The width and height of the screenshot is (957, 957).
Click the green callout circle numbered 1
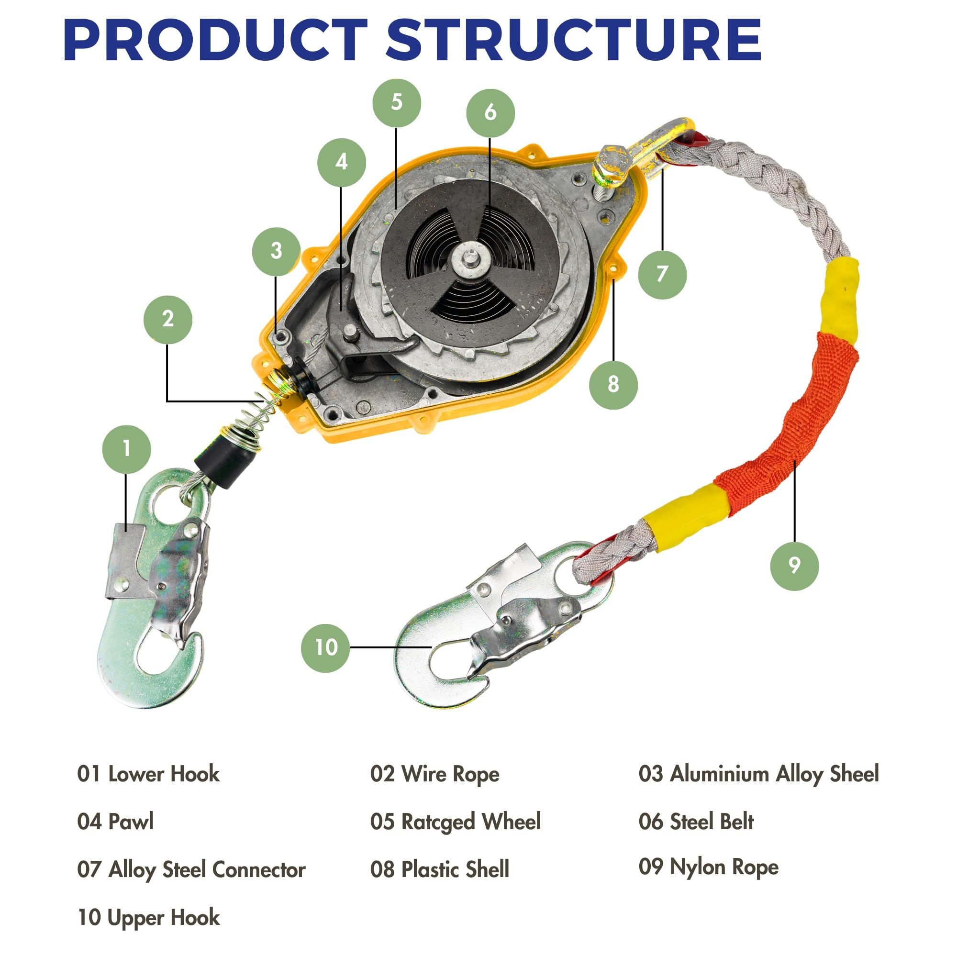point(126,449)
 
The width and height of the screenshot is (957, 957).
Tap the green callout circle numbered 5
point(397,102)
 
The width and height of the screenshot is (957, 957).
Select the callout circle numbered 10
point(325,648)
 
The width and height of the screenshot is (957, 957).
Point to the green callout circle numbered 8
point(613,384)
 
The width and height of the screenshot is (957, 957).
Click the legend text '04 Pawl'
point(115,821)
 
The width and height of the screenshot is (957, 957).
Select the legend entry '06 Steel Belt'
point(696,821)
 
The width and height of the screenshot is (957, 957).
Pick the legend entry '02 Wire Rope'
point(434,775)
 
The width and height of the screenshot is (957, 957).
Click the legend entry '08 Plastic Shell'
point(439,869)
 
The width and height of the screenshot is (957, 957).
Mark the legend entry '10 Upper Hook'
point(149,918)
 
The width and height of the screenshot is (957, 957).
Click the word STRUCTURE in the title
point(573,40)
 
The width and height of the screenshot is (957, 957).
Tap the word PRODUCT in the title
point(215,40)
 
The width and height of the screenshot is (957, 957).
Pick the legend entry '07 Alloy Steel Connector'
point(191,870)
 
